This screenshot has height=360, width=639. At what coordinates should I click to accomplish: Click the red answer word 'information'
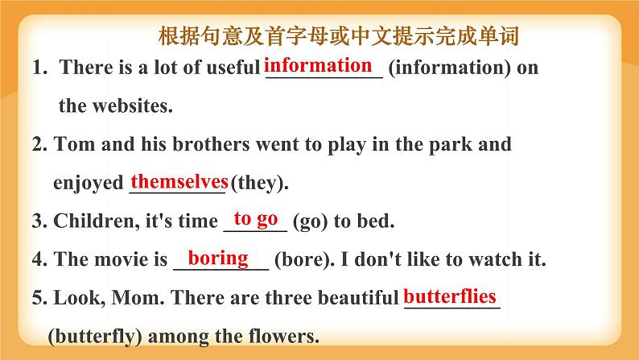coord(319,64)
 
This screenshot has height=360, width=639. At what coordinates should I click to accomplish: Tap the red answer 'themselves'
coord(179,180)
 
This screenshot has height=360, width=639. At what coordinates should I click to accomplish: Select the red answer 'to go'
coord(256,219)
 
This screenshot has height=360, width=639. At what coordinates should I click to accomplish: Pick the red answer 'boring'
coord(218,258)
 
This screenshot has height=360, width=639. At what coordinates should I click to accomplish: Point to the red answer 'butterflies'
coord(450,296)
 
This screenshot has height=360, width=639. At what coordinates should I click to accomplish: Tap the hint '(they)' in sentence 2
coord(258,183)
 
